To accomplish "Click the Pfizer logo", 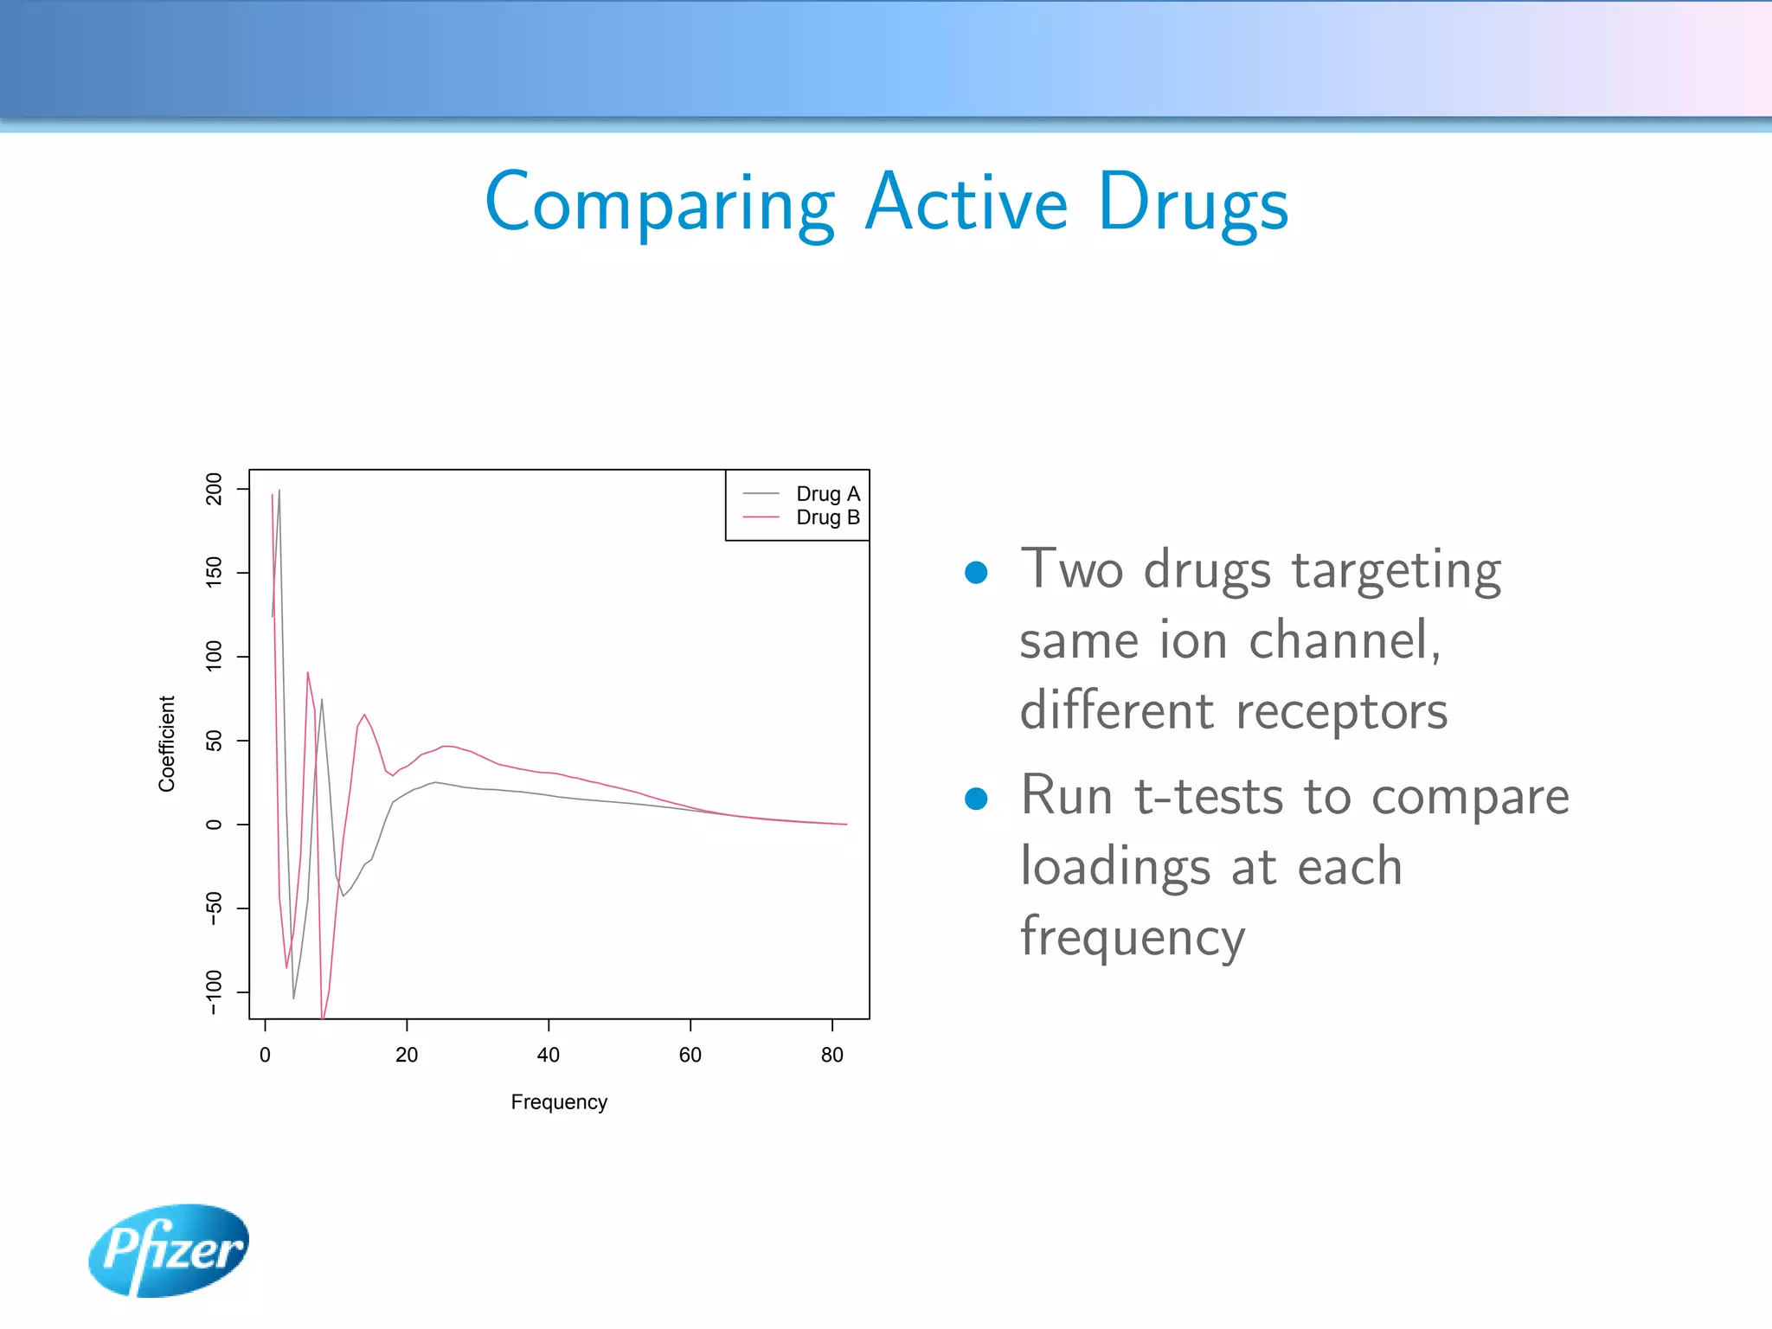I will tap(169, 1249).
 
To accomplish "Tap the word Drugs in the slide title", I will tap(1193, 203).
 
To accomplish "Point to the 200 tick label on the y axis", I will tap(214, 489).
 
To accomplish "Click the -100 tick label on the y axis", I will tap(214, 992).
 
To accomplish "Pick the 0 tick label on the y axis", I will tap(214, 825).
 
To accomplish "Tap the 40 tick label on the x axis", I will tap(549, 1055).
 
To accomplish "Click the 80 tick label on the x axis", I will tap(831, 1055).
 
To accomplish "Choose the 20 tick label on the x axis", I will tap(407, 1055).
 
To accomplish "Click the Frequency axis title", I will tap(559, 1102).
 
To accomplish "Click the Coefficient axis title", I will tap(166, 743).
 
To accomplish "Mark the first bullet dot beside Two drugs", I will tap(976, 573).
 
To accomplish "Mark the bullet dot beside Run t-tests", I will tap(976, 798).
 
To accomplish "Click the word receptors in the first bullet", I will tap(1342, 711).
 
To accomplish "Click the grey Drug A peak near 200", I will tap(279, 491).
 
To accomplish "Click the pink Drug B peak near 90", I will tap(307, 673).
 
